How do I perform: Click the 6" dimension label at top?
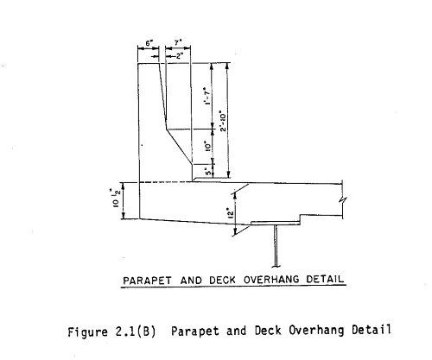tap(149, 43)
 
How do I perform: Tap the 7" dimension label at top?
tap(178, 42)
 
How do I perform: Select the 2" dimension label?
tap(180, 56)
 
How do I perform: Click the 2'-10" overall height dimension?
tap(224, 121)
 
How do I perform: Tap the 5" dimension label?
tap(208, 172)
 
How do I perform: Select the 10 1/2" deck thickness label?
tap(116, 198)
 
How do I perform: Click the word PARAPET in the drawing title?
tap(147, 281)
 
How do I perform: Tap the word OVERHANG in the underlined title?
tap(271, 280)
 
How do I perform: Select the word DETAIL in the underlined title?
tap(325, 279)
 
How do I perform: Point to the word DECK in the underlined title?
tap(222, 280)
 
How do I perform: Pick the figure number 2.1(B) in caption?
tap(136, 332)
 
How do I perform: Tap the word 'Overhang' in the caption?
tap(316, 330)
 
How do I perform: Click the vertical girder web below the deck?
tap(276, 246)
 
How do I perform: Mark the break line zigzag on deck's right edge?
tap(343, 199)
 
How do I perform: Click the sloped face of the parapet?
tap(179, 147)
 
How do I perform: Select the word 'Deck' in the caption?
tap(268, 331)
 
